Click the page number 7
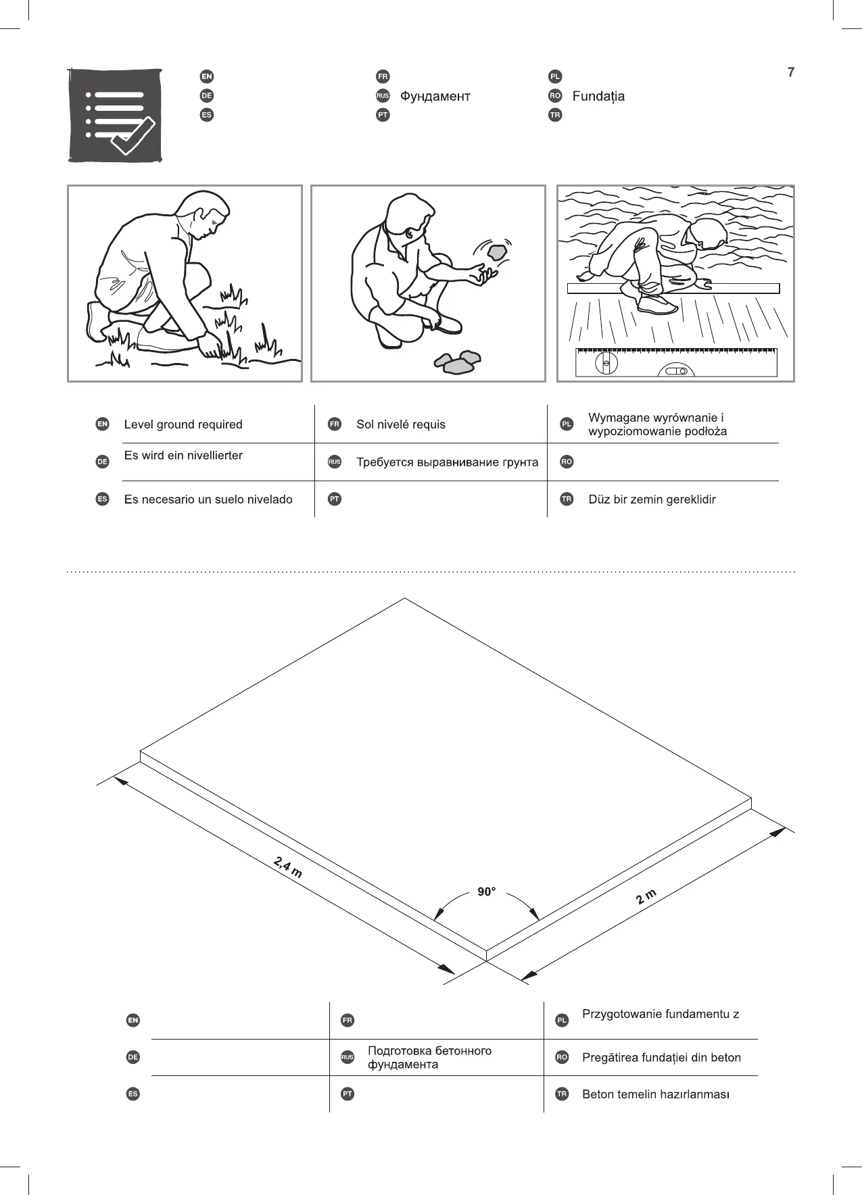coord(790,72)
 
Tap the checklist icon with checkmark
coord(115,116)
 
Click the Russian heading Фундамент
coord(435,96)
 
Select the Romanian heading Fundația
coord(598,96)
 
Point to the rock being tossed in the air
coord(498,251)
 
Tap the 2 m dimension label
coord(646,897)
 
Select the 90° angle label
coord(487,892)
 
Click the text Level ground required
coord(183,424)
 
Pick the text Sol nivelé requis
coord(401,424)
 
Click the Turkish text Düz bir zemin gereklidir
coord(652,499)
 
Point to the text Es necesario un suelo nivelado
coord(208,499)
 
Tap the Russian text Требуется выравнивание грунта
coord(447,462)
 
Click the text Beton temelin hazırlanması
coord(655,1094)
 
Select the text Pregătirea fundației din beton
coord(661,1058)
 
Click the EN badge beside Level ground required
coord(102,424)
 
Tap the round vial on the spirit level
coord(606,363)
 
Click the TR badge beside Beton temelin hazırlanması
coord(561,1094)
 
